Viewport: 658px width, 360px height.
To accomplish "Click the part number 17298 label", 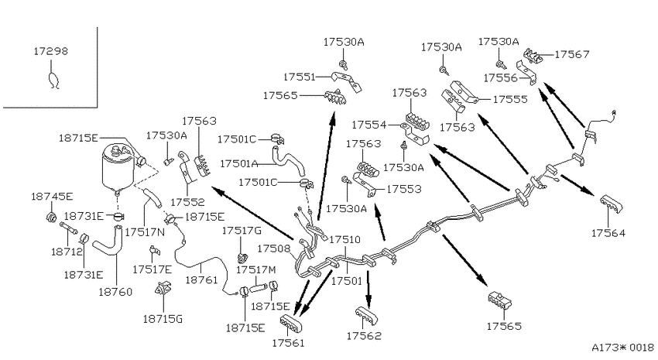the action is tap(50, 51).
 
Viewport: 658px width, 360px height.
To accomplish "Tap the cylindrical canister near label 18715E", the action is tap(118, 169).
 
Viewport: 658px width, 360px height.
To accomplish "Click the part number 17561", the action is tap(288, 343).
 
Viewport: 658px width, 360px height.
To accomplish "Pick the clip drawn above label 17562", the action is tap(366, 316).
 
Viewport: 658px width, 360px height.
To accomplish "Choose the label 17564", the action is tap(608, 233).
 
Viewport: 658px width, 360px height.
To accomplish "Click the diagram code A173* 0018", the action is tap(622, 348).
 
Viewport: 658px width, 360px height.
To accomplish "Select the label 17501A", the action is tap(238, 163).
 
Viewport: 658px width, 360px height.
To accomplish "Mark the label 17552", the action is tap(187, 202).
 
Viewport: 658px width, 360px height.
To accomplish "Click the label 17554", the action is tap(368, 125).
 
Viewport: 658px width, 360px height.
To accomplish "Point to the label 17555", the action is tap(510, 99).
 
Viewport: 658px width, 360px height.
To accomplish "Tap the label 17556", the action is tap(501, 77).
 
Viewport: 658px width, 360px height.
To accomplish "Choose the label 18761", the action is tap(201, 279).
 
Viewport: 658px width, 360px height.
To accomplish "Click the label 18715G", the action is tap(163, 319).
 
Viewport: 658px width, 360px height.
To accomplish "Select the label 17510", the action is tap(345, 239).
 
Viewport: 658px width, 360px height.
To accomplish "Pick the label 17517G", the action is tap(242, 231).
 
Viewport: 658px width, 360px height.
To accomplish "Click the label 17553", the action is tap(403, 189).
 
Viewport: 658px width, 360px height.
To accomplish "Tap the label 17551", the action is tap(300, 77).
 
